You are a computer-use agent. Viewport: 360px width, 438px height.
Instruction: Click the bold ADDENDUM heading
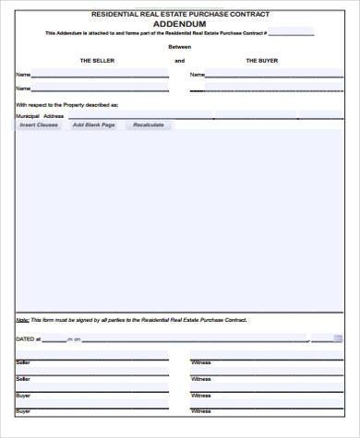179,24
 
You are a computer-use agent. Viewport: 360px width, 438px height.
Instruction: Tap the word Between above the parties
179,45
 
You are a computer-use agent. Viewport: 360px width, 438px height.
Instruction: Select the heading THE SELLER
96,60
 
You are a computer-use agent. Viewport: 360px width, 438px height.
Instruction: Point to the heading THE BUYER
261,60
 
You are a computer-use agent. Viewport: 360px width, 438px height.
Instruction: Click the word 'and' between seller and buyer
179,60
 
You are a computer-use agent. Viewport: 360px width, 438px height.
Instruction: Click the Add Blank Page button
94,124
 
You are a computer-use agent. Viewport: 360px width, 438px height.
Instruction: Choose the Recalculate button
148,124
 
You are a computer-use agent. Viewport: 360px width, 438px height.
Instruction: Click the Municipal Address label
39,116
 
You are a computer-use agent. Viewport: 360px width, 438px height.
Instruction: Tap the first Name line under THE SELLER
102,76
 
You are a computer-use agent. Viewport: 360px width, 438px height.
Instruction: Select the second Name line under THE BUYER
272,89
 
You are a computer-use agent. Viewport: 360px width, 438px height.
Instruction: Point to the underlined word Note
21,319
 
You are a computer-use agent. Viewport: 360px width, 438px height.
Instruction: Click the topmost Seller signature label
23,362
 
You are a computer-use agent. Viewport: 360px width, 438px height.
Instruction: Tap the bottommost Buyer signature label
23,410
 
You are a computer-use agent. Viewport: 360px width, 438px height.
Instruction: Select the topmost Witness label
200,362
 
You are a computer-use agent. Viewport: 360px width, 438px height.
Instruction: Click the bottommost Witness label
200,410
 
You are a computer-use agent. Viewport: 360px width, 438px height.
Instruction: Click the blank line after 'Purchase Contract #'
291,34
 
